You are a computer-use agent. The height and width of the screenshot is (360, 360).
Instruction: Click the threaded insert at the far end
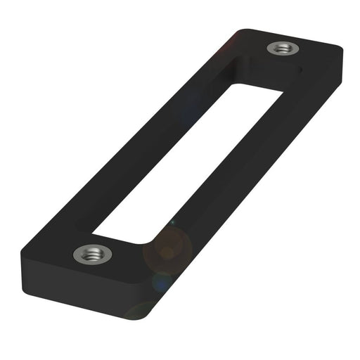(283, 49)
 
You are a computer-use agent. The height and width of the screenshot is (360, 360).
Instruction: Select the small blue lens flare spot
(161, 281)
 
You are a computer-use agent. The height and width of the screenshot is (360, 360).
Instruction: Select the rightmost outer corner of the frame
(342, 51)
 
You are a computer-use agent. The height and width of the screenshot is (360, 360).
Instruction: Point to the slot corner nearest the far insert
(279, 90)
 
